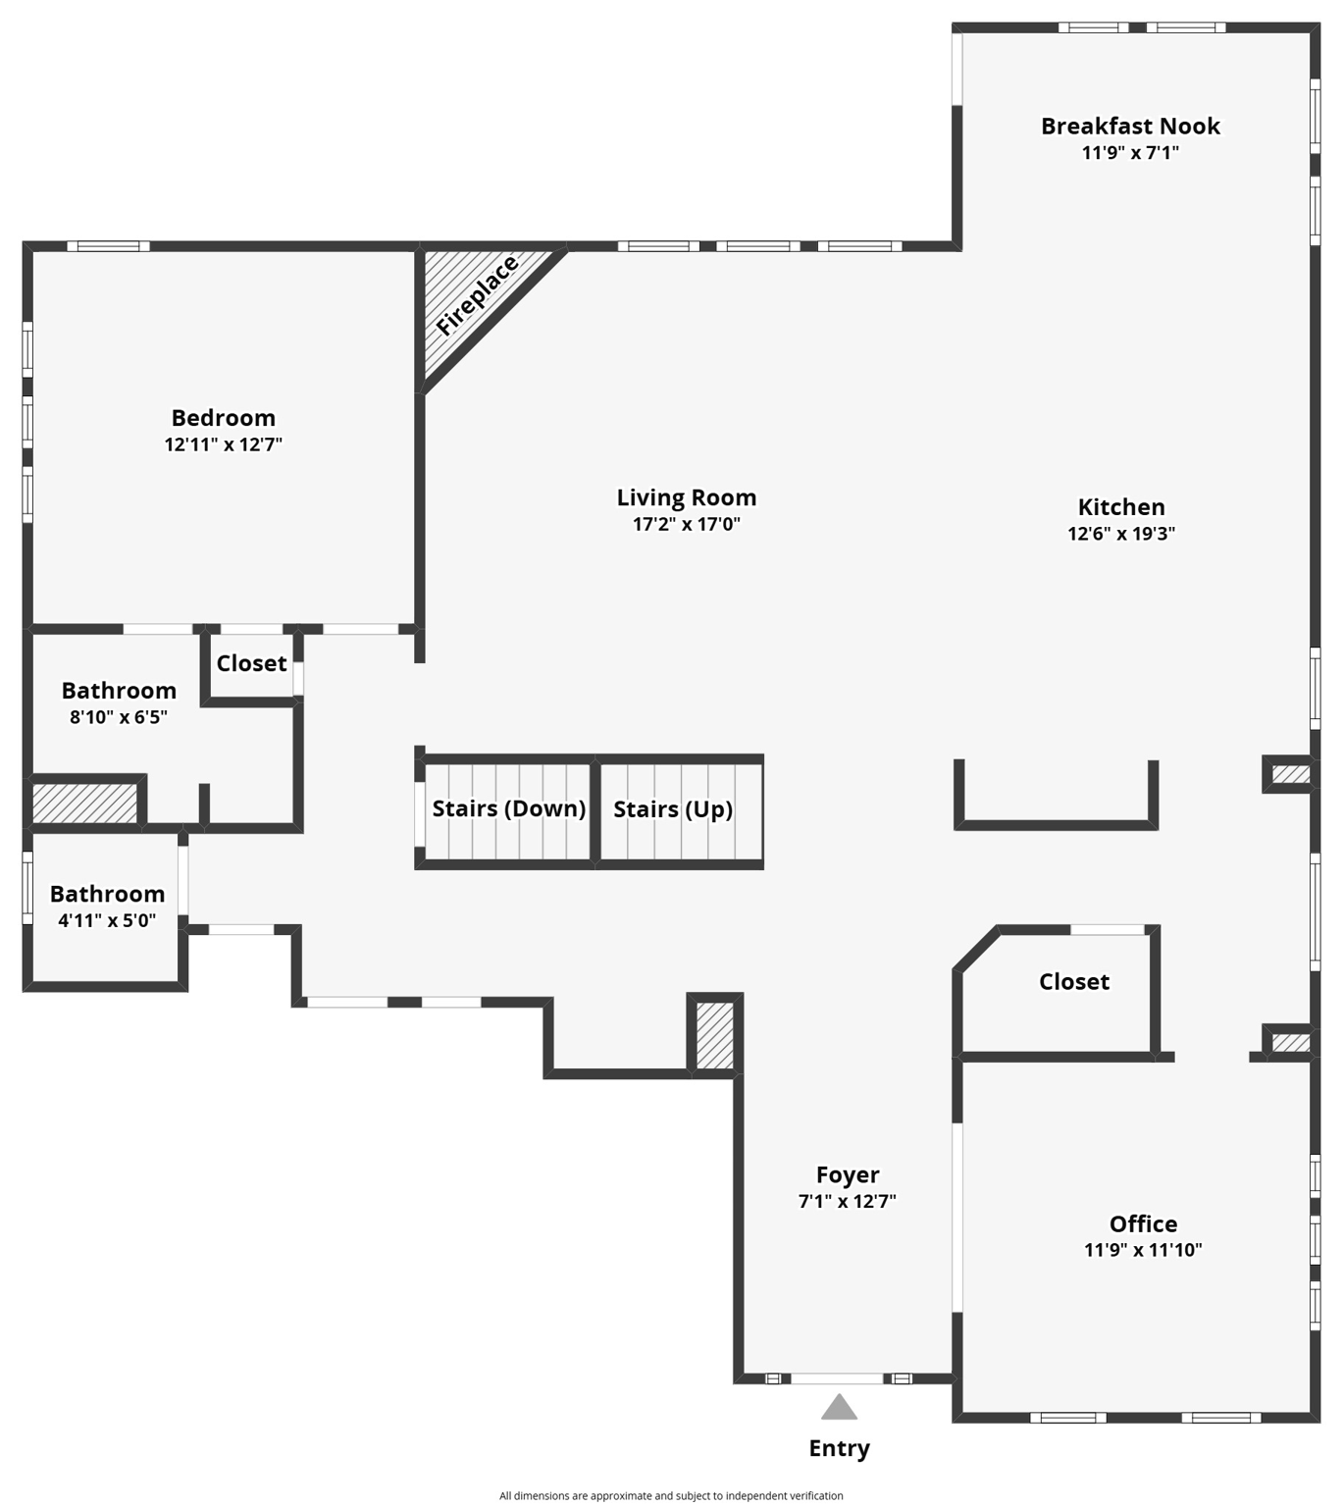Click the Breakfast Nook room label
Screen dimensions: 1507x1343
(1130, 127)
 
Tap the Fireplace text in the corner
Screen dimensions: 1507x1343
(477, 296)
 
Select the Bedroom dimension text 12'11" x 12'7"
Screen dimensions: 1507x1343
(224, 444)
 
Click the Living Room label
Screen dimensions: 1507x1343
(686, 497)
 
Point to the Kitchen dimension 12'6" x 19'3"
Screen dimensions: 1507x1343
(1121, 534)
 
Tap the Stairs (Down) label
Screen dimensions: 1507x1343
(508, 808)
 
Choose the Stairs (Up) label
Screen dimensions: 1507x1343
(673, 809)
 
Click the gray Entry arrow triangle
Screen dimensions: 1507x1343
(839, 1408)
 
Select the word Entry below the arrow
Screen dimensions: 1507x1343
(839, 1448)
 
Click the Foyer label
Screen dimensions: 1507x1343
(848, 1174)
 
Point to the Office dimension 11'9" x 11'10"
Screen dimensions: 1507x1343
(1143, 1250)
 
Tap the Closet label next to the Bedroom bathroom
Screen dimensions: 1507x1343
(251, 663)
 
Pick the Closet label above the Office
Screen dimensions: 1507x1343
(1074, 981)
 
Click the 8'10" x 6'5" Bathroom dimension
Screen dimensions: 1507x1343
(119, 717)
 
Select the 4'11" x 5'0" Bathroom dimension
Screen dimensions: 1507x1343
(107, 920)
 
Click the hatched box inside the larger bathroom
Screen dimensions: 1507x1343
(84, 804)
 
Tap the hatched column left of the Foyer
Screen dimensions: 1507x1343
(714, 1035)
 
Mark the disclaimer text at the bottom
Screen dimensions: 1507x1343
(671, 1495)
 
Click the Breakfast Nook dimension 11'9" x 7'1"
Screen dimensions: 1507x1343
(1130, 153)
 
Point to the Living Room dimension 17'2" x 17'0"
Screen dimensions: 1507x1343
(686, 524)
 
